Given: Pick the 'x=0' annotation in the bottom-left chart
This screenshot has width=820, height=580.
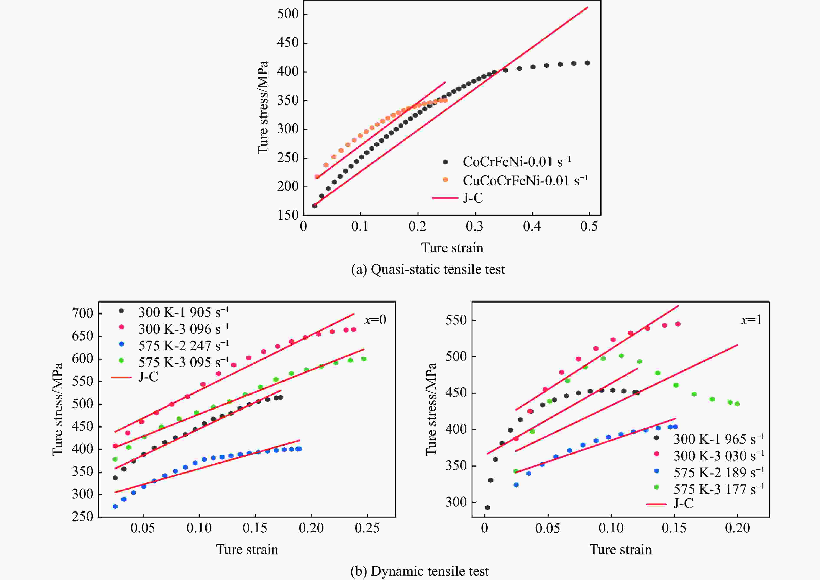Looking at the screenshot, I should pyautogui.click(x=375, y=320).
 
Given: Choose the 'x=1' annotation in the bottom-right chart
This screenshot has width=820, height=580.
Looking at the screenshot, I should pyautogui.click(x=751, y=320).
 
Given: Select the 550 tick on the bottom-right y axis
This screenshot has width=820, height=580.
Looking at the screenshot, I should pyautogui.click(x=456, y=320).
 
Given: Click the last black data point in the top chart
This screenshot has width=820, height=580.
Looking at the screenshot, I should pyautogui.click(x=587, y=63).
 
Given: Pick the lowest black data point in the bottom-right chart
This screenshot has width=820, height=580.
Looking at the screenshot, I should pyautogui.click(x=487, y=508).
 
